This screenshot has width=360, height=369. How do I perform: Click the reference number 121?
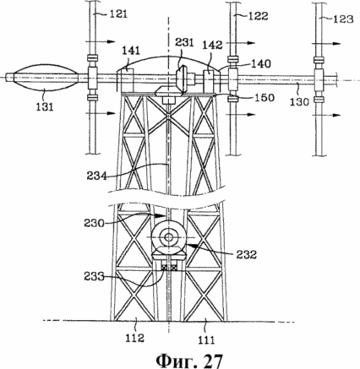(118, 14)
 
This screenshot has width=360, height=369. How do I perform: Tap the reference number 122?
(258, 16)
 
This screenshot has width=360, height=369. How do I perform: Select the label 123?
(343, 19)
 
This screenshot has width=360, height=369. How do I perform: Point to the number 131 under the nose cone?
(45, 106)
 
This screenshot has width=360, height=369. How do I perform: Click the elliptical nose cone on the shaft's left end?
(46, 78)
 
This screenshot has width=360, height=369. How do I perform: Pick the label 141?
(131, 51)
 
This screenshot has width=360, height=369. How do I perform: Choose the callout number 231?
(184, 43)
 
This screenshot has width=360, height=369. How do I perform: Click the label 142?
(212, 45)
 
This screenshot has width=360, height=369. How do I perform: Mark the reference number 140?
(261, 64)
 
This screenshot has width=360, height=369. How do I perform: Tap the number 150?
(265, 97)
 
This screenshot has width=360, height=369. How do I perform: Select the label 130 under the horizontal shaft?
(299, 101)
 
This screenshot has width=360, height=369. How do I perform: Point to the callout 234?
(97, 176)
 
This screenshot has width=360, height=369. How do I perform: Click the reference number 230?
(94, 223)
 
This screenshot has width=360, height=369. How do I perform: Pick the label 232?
(247, 255)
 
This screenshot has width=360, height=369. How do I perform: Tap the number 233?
(94, 277)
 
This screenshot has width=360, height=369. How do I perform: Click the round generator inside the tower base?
(169, 237)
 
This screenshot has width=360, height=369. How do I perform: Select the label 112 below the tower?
(134, 338)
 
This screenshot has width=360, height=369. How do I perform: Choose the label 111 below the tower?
(206, 339)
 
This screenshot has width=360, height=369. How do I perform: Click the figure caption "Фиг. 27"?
(189, 360)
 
